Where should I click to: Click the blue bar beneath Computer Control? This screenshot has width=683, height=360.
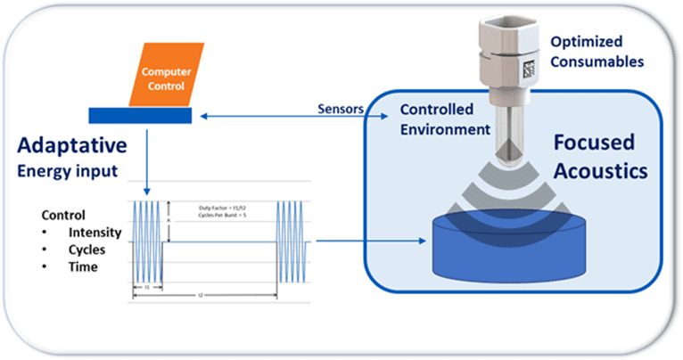coord(138,115)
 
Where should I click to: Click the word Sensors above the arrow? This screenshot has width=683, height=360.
coord(339,107)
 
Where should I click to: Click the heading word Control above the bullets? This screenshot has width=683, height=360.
coord(64,215)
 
